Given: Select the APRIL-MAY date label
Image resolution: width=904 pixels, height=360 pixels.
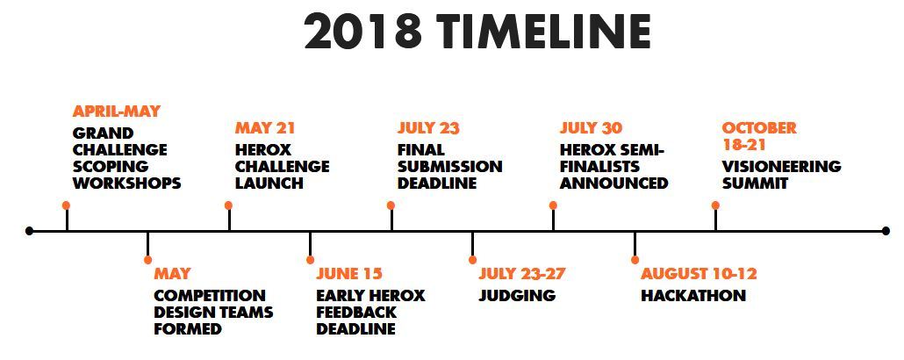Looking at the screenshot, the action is [x=117, y=112].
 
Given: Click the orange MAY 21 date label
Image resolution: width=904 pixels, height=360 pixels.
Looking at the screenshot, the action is [x=265, y=128].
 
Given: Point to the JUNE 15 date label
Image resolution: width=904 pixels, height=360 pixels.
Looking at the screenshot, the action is [x=348, y=273].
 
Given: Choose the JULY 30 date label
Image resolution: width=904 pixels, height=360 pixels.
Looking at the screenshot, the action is [x=591, y=128].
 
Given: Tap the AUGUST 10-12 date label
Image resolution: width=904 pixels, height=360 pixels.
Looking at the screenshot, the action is [x=699, y=273].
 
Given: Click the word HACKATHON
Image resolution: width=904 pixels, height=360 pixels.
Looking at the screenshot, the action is [x=693, y=295].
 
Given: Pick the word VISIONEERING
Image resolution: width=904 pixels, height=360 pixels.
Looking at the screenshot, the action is [x=781, y=167].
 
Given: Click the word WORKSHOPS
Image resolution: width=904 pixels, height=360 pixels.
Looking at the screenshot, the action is [x=127, y=184].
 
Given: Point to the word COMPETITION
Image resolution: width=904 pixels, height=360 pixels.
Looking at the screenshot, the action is [x=209, y=295].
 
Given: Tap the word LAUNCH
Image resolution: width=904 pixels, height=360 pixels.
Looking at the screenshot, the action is [x=269, y=184].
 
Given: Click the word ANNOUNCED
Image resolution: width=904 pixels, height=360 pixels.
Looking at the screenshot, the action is [x=613, y=184].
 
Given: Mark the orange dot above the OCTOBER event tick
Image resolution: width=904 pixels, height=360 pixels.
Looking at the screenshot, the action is [x=715, y=205].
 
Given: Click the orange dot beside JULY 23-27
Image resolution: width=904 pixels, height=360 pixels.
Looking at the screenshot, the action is [x=472, y=260].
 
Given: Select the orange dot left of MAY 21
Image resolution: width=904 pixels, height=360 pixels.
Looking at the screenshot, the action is [x=228, y=205].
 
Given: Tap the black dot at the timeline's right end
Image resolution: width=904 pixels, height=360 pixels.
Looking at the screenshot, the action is [x=886, y=231].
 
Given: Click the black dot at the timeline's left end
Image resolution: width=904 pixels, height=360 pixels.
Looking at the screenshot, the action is [x=30, y=231].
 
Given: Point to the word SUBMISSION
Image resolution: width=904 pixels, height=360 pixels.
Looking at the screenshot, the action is [x=449, y=167].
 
